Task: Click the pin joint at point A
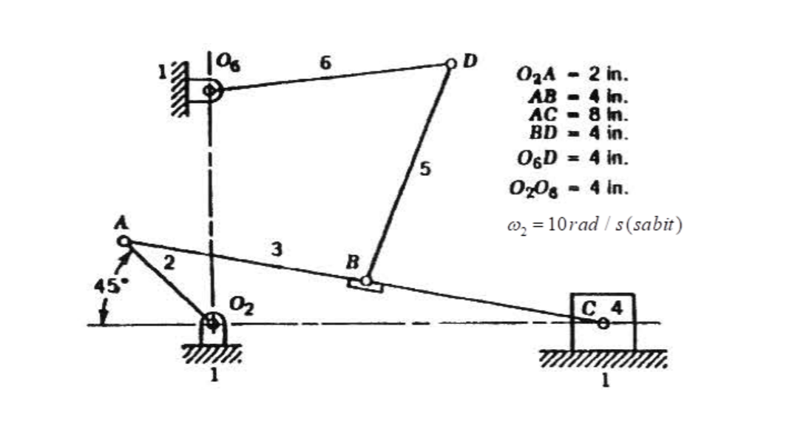tap(124, 241)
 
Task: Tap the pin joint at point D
tap(450, 64)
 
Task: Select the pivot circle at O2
tap(212, 322)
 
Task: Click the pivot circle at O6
tap(211, 90)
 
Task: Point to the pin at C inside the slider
tap(603, 322)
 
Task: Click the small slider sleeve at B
tap(365, 282)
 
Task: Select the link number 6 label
tap(325, 63)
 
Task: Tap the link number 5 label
tap(424, 169)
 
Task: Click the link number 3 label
tap(276, 249)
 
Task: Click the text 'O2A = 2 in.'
tap(570, 74)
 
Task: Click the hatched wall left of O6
tap(177, 89)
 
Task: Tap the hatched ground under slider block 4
tap(603, 359)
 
